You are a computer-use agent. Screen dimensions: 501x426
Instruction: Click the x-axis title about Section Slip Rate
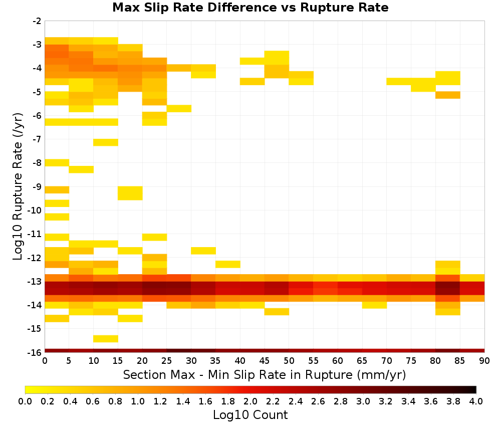point(265,375)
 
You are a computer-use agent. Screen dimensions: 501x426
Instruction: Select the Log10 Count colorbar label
point(250,415)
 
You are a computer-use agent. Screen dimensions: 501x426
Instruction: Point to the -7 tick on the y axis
point(38,139)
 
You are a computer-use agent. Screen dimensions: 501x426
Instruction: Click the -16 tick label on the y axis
point(36,352)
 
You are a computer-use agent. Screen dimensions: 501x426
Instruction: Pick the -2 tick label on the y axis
point(38,21)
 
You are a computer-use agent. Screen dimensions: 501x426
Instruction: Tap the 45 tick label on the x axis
point(265,361)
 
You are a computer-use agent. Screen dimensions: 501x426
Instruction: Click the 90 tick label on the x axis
point(484,361)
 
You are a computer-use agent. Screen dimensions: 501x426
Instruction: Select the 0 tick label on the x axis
point(45,361)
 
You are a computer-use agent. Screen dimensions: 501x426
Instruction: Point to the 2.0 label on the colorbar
point(250,401)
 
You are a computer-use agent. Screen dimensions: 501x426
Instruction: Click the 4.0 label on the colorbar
point(476,401)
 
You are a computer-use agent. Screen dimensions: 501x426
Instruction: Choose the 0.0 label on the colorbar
point(25,401)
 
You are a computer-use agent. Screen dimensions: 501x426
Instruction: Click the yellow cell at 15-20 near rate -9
point(130,193)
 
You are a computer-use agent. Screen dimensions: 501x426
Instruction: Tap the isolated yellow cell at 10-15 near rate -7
point(106,142)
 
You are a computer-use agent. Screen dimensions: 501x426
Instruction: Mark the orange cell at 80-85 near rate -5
point(447,95)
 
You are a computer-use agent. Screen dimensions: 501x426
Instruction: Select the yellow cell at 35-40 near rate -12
point(228,264)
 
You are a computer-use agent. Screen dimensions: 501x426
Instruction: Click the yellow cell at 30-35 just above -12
point(203,251)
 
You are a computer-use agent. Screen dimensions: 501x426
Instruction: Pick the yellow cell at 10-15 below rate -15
point(106,339)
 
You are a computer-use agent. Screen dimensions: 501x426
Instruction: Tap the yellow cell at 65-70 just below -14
point(374,305)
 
